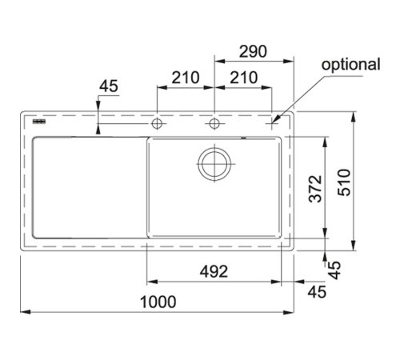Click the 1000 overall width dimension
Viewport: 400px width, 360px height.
coord(158,302)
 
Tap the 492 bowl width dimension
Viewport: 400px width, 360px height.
coord(214,271)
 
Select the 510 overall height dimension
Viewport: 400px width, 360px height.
coord(344,182)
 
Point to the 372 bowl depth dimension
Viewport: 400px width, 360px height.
coord(315,189)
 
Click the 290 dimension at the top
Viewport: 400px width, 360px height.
coord(253,51)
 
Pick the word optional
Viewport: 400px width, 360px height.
coord(350,65)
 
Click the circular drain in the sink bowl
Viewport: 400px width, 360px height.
coord(214,164)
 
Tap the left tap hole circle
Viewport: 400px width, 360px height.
coord(157,123)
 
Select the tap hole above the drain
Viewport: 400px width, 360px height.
coord(214,123)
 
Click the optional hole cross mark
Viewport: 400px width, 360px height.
coord(272,123)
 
